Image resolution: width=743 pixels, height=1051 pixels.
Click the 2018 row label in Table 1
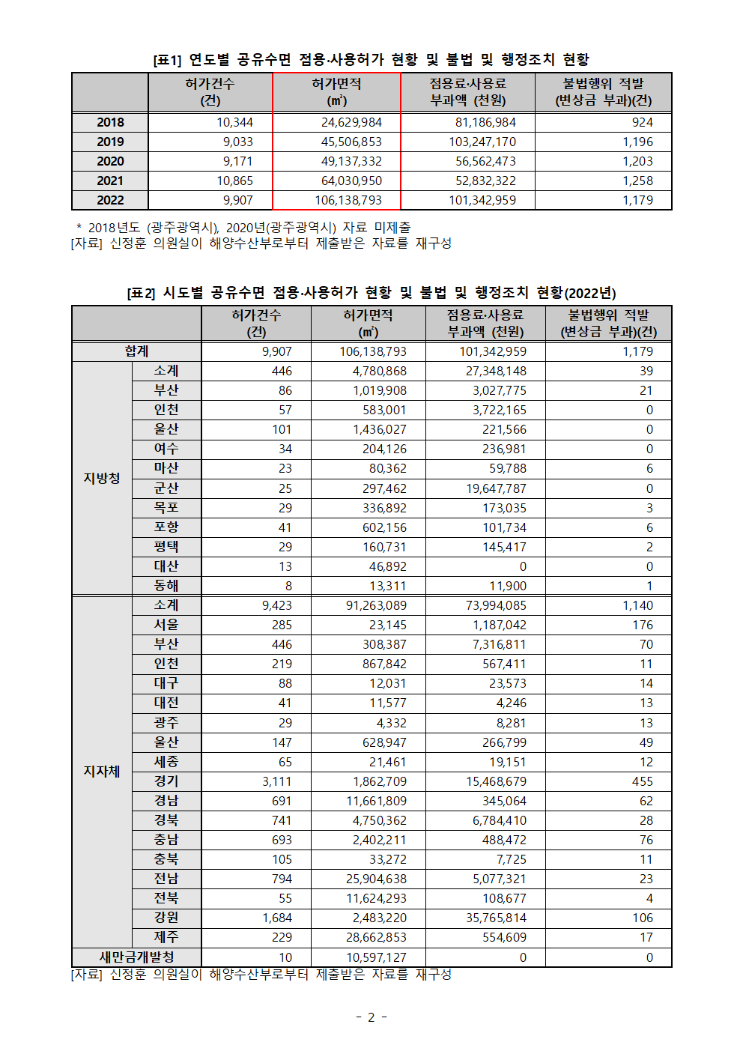coord(110,122)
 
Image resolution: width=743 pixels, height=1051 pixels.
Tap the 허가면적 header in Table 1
coord(336,91)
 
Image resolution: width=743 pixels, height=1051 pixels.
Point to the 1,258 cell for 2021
coord(637,181)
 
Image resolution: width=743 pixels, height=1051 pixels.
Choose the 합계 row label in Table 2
coord(136,351)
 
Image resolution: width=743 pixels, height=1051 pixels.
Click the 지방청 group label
coord(102,478)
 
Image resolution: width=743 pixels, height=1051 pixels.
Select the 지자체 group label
coord(102,771)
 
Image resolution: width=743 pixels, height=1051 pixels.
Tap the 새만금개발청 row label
coord(136,957)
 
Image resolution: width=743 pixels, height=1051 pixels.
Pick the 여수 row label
coord(166,449)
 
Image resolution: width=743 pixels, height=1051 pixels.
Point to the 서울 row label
coord(166,625)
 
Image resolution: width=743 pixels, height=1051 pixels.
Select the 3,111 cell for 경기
coord(277,781)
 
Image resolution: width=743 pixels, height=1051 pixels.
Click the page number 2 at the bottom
coord(371,1017)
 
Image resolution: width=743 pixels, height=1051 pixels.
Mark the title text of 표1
coord(371,59)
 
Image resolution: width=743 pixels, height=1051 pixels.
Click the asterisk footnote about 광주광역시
coord(243,227)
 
